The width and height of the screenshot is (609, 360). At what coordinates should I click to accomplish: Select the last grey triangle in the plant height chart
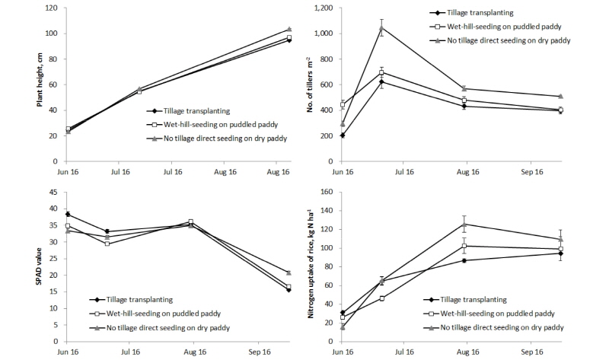coord(289,29)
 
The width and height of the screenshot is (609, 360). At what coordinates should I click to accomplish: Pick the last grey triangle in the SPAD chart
coord(289,272)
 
